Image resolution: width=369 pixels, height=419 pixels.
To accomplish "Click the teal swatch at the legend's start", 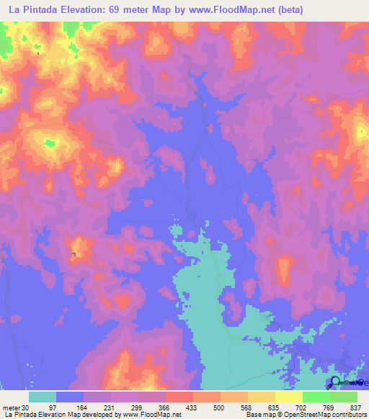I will tap(43, 397).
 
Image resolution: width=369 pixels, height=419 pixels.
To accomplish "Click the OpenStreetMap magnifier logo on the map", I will tap(335, 383).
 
